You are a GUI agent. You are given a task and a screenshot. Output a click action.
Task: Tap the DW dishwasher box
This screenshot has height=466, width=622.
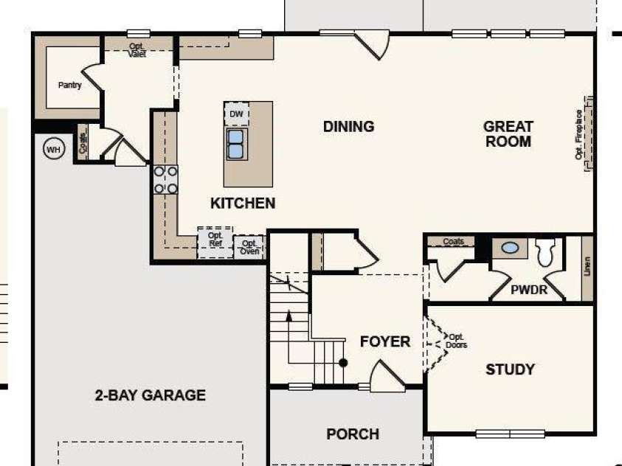(x=236, y=114)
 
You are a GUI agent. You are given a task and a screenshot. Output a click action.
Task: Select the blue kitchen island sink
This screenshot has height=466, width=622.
(x=236, y=144)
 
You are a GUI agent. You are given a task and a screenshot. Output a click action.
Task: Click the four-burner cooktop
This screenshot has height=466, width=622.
(x=165, y=179)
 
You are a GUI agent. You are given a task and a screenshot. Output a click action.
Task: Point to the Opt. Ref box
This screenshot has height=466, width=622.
(x=215, y=240)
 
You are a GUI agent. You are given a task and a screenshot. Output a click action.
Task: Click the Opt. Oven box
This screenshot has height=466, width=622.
(x=249, y=247)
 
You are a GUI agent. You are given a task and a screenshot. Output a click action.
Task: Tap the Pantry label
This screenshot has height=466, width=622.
(x=70, y=86)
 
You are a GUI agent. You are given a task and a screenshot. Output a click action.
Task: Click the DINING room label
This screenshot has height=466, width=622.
(x=348, y=127)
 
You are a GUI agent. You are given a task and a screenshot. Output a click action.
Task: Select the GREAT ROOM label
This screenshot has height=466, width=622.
(x=508, y=133)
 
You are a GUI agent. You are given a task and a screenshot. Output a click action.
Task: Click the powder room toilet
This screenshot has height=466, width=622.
(x=546, y=253)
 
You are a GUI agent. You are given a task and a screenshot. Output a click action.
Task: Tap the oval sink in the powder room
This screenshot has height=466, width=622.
(x=510, y=248)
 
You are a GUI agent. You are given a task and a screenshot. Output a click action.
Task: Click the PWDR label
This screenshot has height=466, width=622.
(x=529, y=290)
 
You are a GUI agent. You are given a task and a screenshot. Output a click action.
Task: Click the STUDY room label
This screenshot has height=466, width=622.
(x=510, y=369)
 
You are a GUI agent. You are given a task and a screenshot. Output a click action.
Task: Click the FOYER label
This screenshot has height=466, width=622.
(x=384, y=341)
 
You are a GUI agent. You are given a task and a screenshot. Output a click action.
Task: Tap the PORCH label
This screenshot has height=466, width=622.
(x=353, y=434)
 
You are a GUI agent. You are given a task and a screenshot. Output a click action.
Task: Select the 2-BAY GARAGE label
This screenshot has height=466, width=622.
(x=150, y=395)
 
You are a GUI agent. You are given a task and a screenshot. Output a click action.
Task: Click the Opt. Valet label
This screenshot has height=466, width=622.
(x=137, y=49)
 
